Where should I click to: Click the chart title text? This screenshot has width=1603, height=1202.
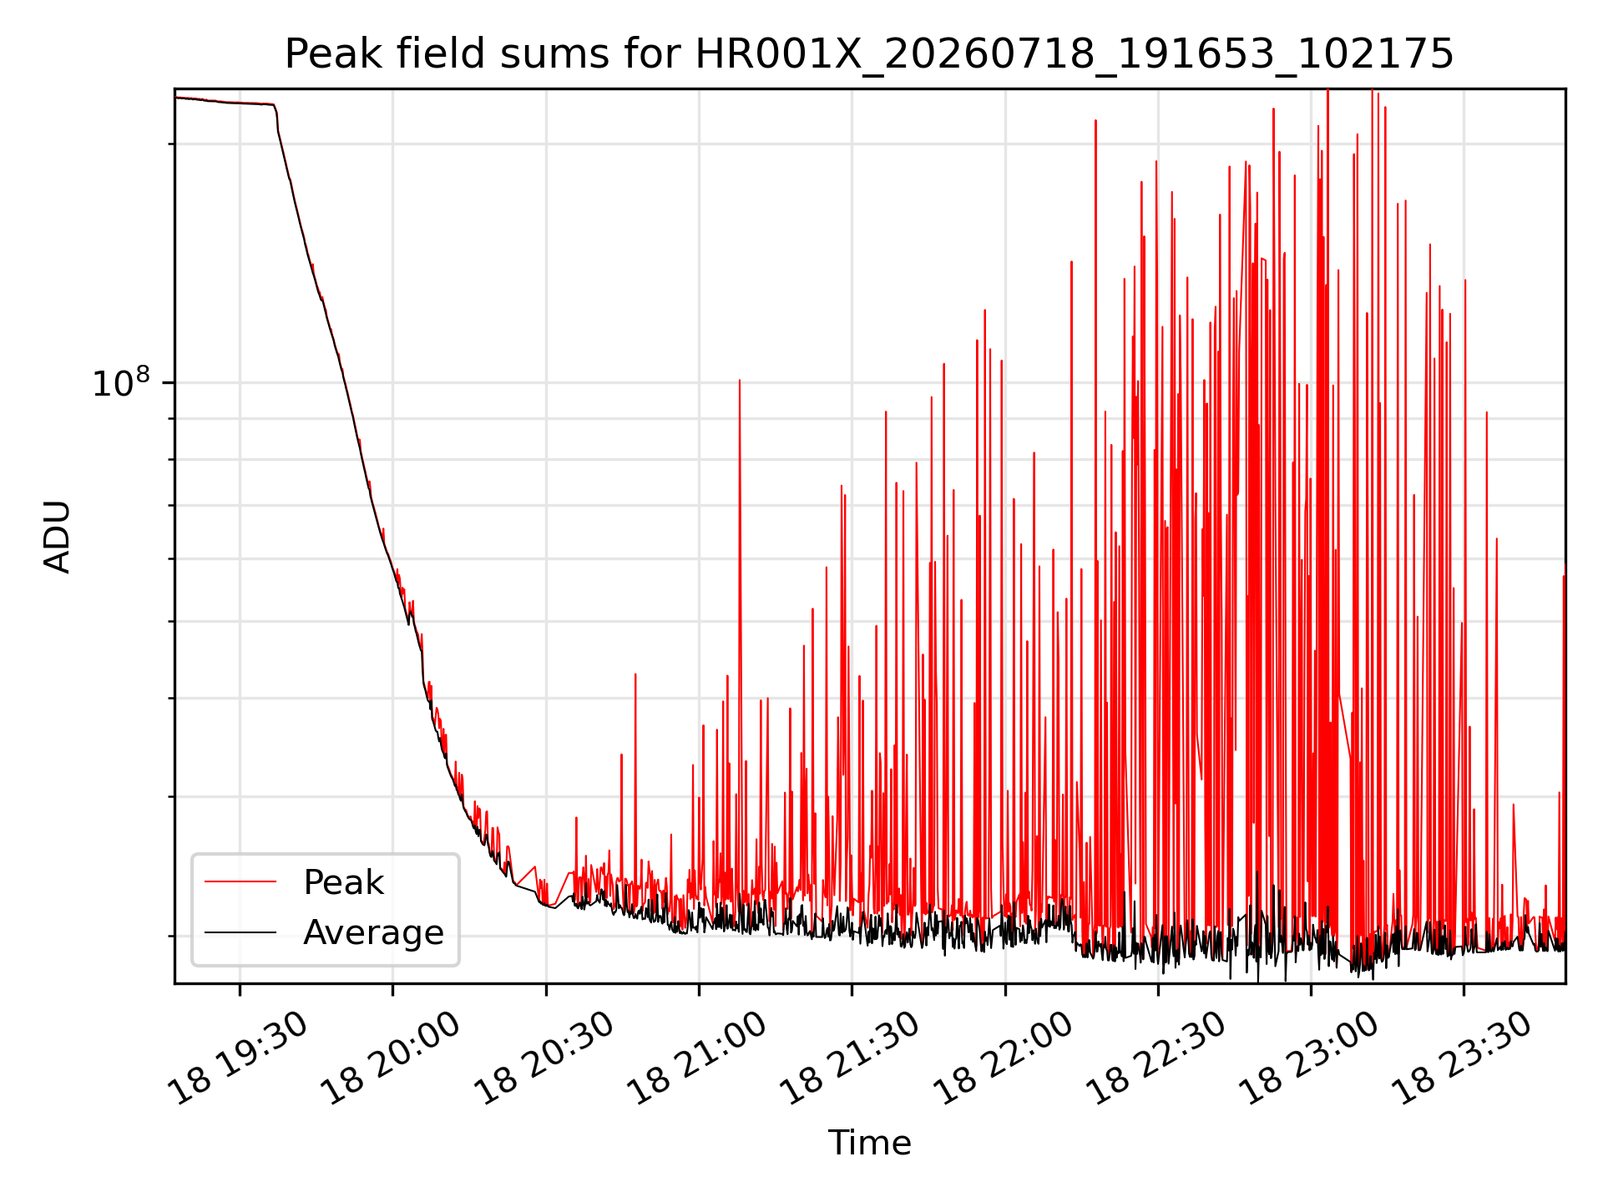point(869,54)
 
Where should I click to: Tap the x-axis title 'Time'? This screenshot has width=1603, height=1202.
point(869,1143)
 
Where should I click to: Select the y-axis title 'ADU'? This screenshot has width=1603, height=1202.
point(58,536)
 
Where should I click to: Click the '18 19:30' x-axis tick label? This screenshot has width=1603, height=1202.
point(237,1058)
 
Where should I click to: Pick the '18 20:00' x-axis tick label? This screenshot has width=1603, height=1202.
point(391,1058)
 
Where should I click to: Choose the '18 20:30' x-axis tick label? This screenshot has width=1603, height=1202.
point(544,1058)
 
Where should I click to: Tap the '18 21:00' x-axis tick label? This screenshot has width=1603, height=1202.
point(696,1058)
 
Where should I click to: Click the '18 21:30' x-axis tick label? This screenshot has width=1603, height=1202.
point(849,1058)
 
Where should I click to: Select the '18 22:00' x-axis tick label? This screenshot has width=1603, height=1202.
point(1003,1058)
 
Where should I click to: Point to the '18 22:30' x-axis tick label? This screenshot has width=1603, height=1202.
point(1155,1058)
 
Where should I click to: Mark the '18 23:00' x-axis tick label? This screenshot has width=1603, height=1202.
point(1308,1058)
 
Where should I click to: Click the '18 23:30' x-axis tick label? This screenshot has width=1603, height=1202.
point(1461,1058)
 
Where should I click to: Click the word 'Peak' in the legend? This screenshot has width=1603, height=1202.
point(343,882)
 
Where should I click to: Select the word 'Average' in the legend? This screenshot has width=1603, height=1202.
point(373,932)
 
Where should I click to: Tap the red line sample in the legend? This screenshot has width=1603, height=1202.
point(240,881)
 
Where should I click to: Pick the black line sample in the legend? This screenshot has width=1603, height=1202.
point(240,932)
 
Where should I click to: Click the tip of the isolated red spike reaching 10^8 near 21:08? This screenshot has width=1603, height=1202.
point(739,381)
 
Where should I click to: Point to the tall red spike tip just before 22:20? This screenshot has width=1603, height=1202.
point(1095,121)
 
